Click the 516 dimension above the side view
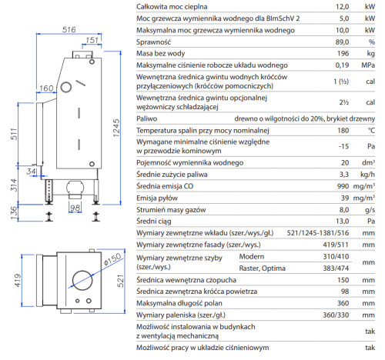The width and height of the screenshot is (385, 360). (69, 30)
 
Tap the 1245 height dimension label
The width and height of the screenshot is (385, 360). (116, 128)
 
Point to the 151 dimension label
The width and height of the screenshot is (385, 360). (92, 40)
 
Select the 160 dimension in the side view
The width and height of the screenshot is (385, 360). (46, 88)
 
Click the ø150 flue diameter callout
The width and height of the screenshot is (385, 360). (112, 259)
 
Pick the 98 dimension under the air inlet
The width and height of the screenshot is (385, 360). (75, 208)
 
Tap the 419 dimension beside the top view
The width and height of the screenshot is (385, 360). (18, 280)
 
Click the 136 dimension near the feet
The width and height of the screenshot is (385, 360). (14, 213)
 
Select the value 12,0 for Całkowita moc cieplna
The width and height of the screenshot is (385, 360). (343, 7)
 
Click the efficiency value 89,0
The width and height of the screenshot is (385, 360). (342, 42)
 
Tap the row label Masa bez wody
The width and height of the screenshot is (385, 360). (161, 53)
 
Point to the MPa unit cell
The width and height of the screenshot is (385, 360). (368, 65)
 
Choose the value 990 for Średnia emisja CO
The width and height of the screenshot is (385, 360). (343, 186)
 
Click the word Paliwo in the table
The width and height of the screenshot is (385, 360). (147, 118)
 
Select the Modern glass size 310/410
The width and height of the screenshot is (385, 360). (336, 256)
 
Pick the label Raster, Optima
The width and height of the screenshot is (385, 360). (262, 268)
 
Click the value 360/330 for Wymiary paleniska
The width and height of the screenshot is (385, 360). (336, 315)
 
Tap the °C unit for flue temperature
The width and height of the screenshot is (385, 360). (371, 131)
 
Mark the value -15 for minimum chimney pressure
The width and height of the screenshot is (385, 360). (343, 146)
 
